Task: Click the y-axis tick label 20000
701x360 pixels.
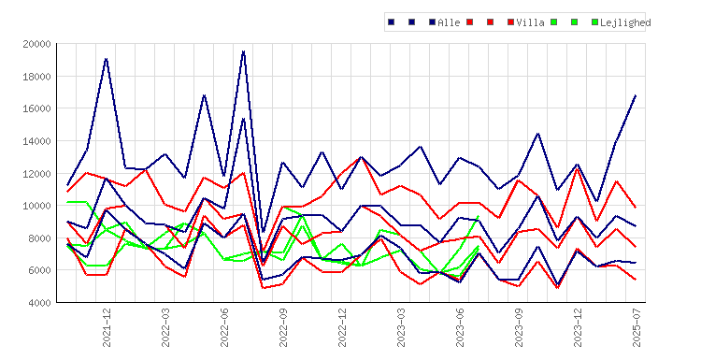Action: (36, 44)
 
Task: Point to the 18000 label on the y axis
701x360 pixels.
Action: (36, 77)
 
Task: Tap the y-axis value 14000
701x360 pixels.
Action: (36, 141)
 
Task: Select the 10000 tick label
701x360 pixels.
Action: (36, 206)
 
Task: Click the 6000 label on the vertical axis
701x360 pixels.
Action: (39, 270)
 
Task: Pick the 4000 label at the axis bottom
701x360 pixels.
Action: (39, 303)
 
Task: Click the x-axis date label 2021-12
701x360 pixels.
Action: (107, 327)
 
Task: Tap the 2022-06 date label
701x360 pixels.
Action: (224, 327)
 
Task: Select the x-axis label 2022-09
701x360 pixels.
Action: (283, 327)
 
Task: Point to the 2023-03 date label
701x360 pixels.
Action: (401, 327)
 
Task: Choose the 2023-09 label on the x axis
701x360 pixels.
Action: (519, 327)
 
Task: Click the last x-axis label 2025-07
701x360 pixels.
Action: (637, 327)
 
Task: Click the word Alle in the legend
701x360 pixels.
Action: (449, 22)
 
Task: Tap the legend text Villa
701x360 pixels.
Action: (530, 22)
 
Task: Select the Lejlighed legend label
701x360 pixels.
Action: (625, 22)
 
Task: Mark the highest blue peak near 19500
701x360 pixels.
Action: (244, 51)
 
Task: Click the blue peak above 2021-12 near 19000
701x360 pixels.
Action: (106, 59)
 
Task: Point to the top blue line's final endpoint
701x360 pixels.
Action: (636, 95)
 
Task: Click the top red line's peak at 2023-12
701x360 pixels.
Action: (578, 168)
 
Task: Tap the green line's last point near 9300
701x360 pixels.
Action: (479, 216)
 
